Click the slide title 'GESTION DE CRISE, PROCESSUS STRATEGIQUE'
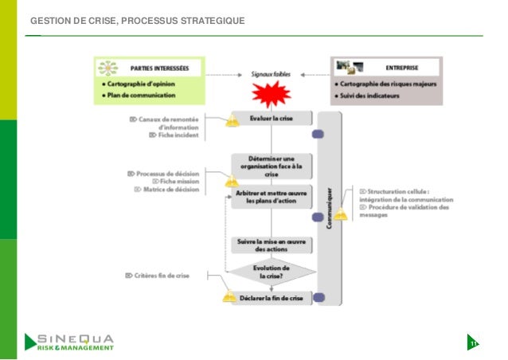(x=137, y=20)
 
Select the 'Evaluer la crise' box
(x=272, y=119)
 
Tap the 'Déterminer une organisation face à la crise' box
(x=272, y=166)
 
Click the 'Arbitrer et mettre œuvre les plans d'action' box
(x=272, y=198)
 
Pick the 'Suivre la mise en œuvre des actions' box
(x=272, y=245)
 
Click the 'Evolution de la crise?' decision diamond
(x=272, y=272)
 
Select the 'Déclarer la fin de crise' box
(x=272, y=299)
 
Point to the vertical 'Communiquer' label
(x=330, y=207)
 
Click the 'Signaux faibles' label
(x=271, y=75)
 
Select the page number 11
(x=474, y=343)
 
